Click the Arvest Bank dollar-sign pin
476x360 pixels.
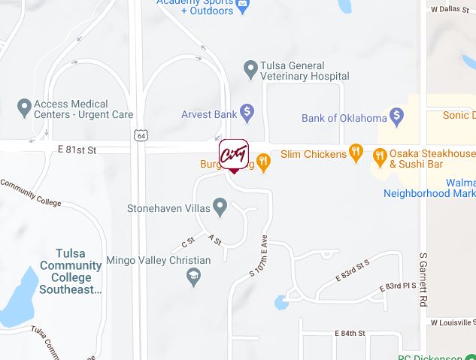(x=246, y=114)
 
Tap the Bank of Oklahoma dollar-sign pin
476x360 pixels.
(x=397, y=117)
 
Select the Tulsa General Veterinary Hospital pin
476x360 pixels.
(x=251, y=70)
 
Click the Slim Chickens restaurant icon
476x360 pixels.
(x=356, y=154)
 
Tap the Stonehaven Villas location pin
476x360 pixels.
(x=220, y=205)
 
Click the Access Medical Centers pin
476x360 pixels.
(x=24, y=108)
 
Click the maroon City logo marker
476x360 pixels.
(x=233, y=155)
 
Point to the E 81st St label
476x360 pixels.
(x=77, y=150)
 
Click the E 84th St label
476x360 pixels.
(x=350, y=333)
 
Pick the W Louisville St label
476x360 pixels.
(x=453, y=322)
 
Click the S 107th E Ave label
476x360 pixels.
(x=258, y=256)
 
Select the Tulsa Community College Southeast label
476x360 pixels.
(x=71, y=271)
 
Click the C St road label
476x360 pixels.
(x=188, y=243)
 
